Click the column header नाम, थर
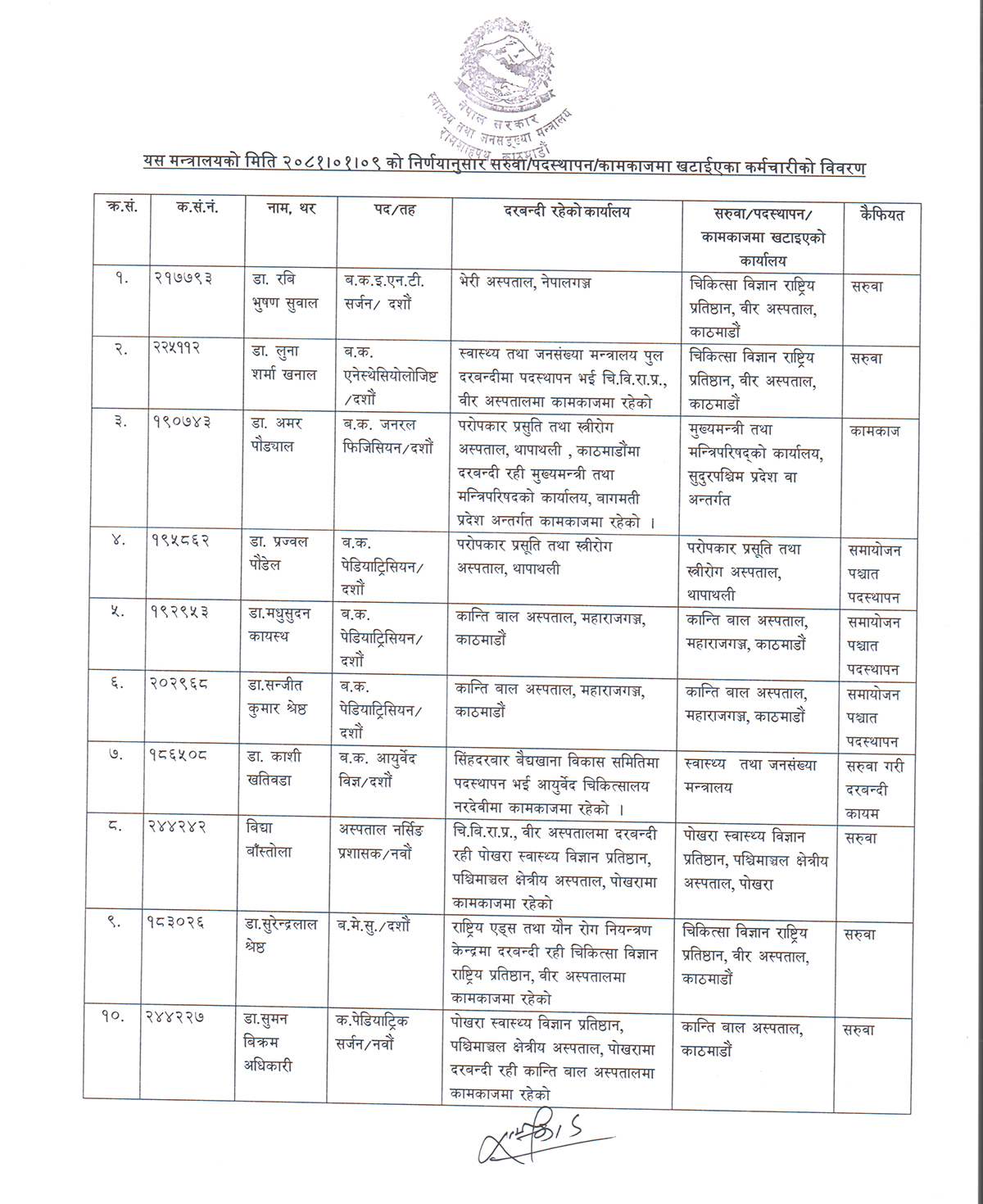pos(291,210)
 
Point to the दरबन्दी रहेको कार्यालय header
pos(567,211)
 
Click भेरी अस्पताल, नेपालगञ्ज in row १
pos(526,283)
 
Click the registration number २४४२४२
pos(183,827)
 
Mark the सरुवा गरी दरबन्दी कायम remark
pos(873,789)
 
